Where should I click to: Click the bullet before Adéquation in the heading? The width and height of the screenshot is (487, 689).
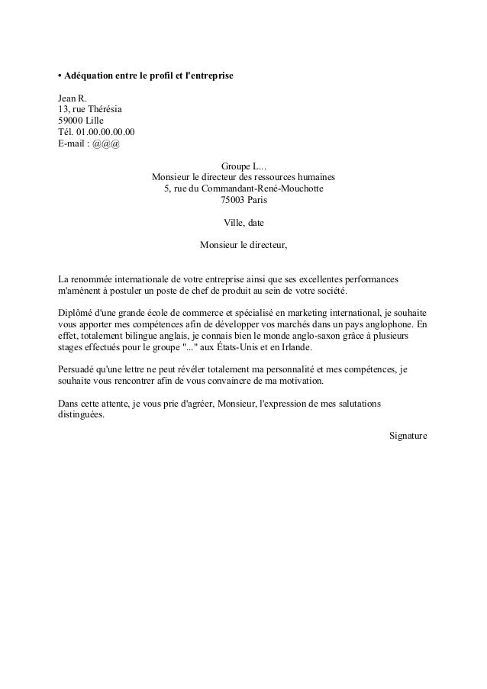[x=60, y=78]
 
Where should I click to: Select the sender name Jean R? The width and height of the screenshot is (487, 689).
[x=73, y=98]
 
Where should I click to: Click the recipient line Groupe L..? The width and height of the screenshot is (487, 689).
[x=243, y=166]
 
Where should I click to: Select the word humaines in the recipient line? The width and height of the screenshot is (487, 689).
[x=317, y=178]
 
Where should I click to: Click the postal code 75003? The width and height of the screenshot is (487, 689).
[x=231, y=201]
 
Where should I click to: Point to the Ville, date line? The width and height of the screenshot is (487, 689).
[x=243, y=224]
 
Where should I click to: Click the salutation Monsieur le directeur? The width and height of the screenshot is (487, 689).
[x=243, y=246]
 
